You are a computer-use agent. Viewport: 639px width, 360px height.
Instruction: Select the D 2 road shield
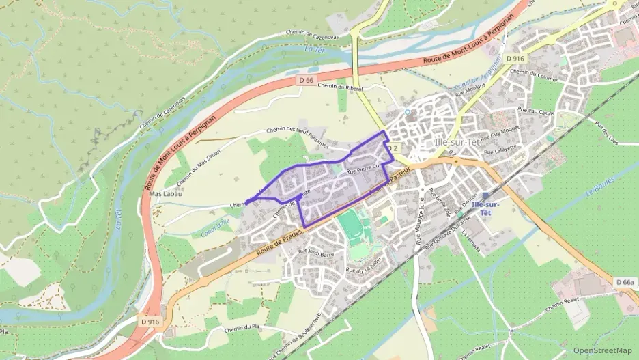(x=392, y=148)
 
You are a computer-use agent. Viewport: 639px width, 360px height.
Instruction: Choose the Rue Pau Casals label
(x=536, y=110)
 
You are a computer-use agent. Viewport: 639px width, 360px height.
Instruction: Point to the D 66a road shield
(x=624, y=282)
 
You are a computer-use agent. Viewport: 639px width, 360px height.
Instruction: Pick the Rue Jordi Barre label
(x=316, y=254)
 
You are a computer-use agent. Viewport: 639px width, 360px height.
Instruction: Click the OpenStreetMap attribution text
(x=602, y=350)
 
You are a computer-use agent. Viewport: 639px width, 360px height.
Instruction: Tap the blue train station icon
(x=485, y=195)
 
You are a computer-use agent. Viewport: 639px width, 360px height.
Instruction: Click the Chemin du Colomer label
(x=534, y=72)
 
